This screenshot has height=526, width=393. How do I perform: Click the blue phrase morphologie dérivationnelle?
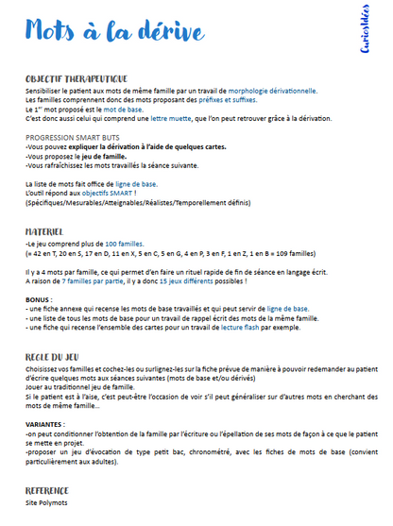267,91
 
